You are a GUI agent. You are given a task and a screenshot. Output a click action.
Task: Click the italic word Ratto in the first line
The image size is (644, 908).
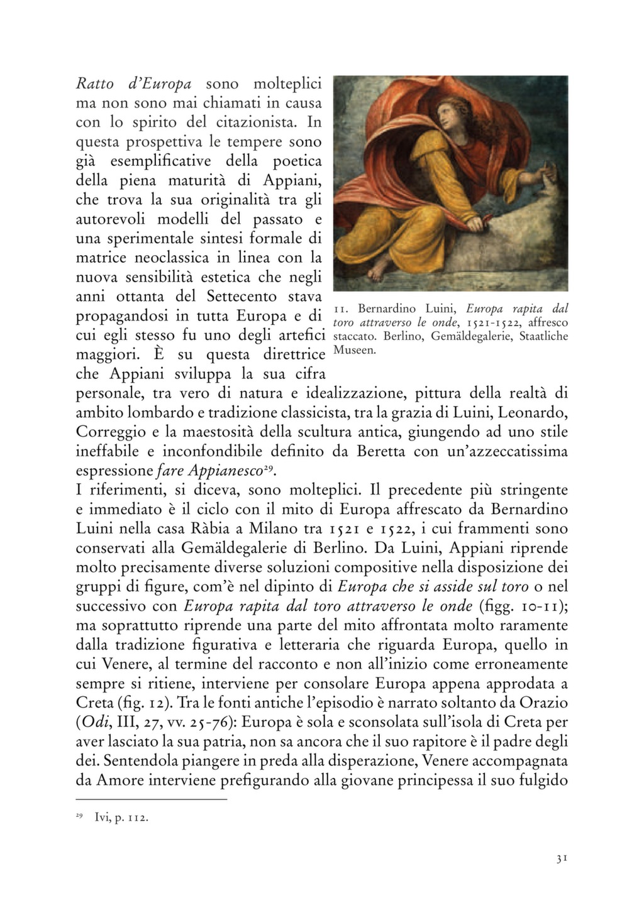click(x=93, y=84)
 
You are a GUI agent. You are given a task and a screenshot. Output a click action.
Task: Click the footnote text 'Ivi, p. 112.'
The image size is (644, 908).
click(x=120, y=818)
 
